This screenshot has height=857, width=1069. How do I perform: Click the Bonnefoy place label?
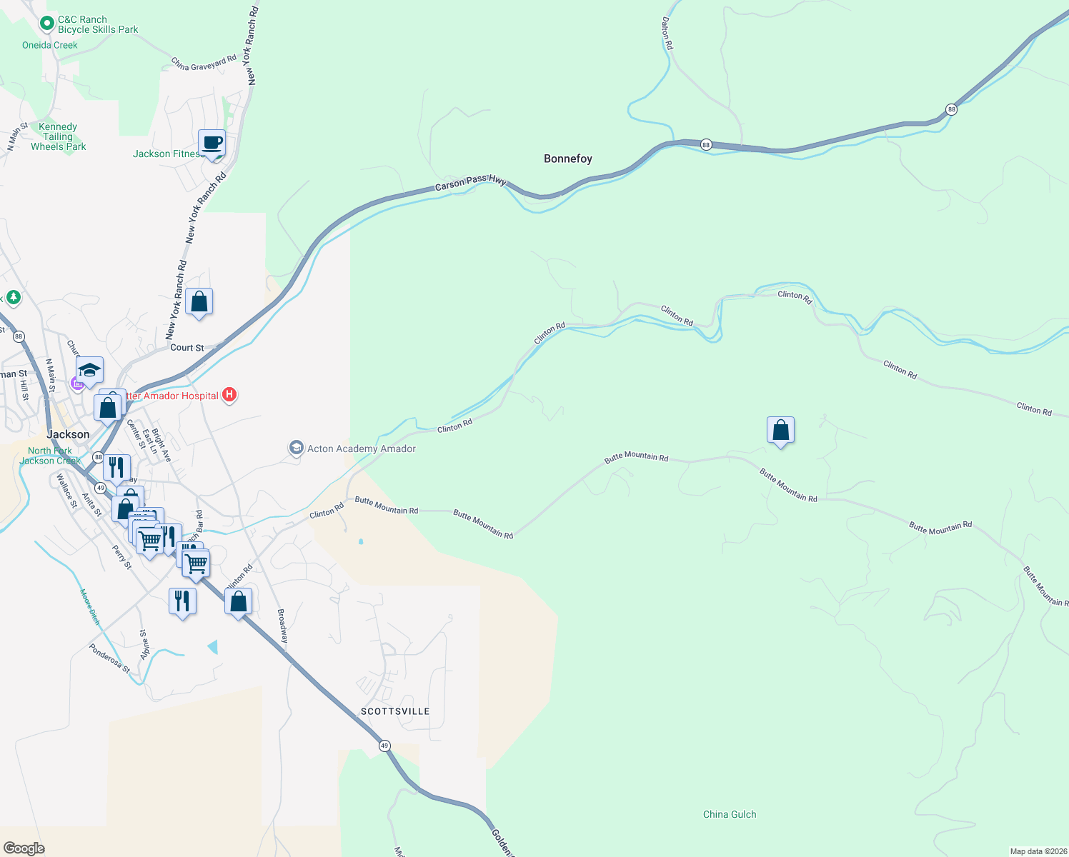(568, 159)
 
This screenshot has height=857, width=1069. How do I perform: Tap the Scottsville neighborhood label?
(395, 711)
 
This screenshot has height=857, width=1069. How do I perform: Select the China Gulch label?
(730, 814)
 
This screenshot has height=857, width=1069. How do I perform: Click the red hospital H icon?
(229, 394)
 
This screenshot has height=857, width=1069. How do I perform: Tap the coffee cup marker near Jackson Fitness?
(212, 143)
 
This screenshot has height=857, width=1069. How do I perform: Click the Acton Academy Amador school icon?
(296, 448)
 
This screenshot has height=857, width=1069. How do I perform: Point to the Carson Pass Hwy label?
(470, 183)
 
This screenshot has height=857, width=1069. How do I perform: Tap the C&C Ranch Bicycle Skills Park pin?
(47, 24)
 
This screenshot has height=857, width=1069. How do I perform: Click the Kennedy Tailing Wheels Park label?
(58, 136)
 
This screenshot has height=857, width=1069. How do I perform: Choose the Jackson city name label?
(68, 434)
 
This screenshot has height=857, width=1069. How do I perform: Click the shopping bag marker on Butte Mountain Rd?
(780, 431)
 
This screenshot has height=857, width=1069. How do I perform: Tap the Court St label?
(187, 348)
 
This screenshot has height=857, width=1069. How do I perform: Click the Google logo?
(24, 848)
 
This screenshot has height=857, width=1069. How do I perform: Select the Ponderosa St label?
(109, 658)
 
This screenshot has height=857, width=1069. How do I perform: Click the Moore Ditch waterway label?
(90, 607)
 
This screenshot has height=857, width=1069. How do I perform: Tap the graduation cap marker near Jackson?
(89, 371)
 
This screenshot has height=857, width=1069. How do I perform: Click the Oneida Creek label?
(50, 45)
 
